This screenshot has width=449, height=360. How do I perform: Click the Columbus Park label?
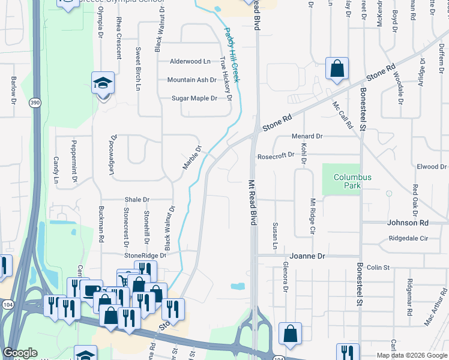click(x=353, y=181)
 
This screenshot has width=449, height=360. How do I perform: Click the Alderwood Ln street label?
click(x=190, y=61)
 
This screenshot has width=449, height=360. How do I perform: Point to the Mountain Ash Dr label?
click(x=191, y=80)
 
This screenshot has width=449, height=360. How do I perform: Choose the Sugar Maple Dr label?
click(x=194, y=98)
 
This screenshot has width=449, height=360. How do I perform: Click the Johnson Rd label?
click(x=408, y=223)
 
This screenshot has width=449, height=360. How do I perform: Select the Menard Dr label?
click(x=307, y=136)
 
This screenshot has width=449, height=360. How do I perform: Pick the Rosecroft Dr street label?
click(x=276, y=155)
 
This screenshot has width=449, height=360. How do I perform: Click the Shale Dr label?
click(x=137, y=199)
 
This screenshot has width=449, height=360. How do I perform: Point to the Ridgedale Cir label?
click(x=408, y=238)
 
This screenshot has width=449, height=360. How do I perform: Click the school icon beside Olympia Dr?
click(x=103, y=84)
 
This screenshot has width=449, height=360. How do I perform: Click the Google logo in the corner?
click(x=20, y=353)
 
